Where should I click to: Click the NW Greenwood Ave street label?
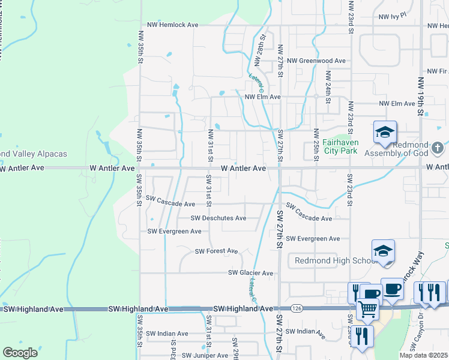(316, 61)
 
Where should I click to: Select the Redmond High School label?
(331, 260)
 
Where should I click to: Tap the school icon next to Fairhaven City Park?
(384, 133)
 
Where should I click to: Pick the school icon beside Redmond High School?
(383, 251)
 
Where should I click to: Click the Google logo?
(20, 353)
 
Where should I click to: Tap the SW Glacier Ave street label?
(250, 273)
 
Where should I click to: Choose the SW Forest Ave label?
(216, 251)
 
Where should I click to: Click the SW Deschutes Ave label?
(218, 218)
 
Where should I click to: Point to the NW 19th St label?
(421, 97)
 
